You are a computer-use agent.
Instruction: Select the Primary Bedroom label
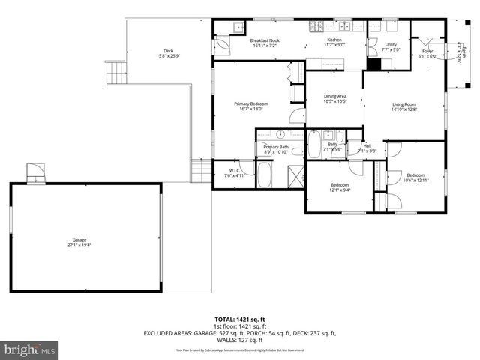(x=251, y=103)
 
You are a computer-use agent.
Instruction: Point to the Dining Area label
(x=335, y=96)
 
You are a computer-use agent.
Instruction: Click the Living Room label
(x=404, y=104)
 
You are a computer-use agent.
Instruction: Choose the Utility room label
(x=390, y=45)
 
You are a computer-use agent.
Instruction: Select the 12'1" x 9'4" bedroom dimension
(x=340, y=190)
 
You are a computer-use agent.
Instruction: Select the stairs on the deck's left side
(x=115, y=74)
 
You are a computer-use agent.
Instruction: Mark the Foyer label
(x=427, y=51)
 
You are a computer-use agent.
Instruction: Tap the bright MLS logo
(x=30, y=350)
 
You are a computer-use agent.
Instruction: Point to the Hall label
(x=367, y=146)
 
